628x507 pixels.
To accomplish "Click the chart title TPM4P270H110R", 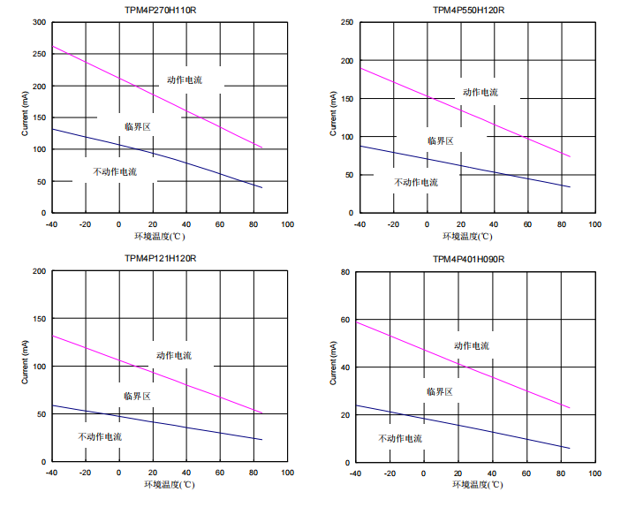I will coord(160,10).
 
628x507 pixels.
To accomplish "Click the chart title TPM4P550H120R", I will coord(468,10).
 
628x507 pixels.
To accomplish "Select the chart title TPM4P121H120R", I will coord(160,259).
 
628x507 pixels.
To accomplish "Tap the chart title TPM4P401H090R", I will coord(468,259).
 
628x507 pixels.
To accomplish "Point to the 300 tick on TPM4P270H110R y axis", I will coord(39,22).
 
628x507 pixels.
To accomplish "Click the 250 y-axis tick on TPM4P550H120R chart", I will coord(346,22).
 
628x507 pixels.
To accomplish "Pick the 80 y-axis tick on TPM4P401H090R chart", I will coord(348,271).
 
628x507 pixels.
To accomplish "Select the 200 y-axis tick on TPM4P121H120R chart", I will coord(39,271).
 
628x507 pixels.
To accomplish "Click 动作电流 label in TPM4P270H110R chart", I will coord(185,80).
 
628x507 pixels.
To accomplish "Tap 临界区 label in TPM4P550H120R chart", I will coord(440,141).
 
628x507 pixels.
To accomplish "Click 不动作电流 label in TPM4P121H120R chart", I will coord(100,437).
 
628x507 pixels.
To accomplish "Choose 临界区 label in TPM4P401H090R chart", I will coord(439,391).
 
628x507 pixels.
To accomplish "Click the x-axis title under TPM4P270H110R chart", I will coord(160,236).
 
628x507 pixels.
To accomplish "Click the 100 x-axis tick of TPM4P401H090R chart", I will coord(594,473).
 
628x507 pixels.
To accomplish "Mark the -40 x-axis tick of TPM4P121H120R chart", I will coord(51,473).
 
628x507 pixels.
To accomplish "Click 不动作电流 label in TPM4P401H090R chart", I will coord(400,438).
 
